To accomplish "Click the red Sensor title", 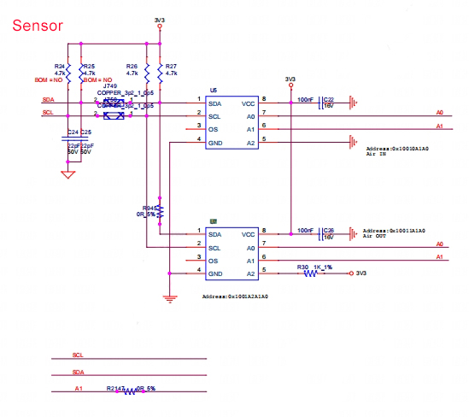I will click(x=37, y=26).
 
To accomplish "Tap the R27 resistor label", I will click(x=171, y=66).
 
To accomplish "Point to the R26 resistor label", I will click(x=132, y=66).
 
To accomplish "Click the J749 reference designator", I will click(x=109, y=86).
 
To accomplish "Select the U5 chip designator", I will click(x=214, y=89).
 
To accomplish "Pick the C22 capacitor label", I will click(x=328, y=99).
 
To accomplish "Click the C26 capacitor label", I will click(x=328, y=230).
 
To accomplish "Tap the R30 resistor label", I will click(x=303, y=267).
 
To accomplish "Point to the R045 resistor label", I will click(x=149, y=208).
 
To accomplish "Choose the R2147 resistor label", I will click(x=116, y=388).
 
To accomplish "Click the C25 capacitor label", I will click(x=85, y=132).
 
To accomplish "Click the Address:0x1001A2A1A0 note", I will click(x=235, y=296).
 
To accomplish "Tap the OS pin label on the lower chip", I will click(x=213, y=260).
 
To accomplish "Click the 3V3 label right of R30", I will click(x=361, y=273).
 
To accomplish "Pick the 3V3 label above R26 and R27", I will click(x=159, y=19).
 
